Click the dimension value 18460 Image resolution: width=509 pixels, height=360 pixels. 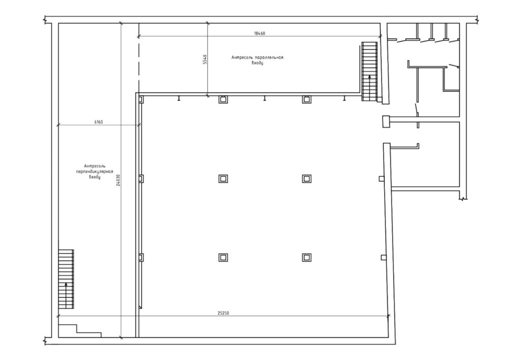(x=260, y=33)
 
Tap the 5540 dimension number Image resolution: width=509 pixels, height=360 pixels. (x=205, y=60)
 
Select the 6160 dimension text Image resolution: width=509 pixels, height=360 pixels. (x=98, y=122)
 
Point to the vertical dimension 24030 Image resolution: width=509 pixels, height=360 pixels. (x=118, y=180)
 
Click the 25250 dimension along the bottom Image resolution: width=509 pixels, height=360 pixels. (x=223, y=313)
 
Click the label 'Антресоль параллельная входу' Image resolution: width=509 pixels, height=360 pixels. (x=257, y=60)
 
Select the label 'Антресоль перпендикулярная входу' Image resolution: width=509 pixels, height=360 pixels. (x=95, y=172)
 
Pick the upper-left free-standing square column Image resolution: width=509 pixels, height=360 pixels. (x=223, y=179)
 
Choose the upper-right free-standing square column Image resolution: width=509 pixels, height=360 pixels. (x=306, y=179)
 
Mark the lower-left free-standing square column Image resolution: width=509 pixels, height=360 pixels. (x=223, y=258)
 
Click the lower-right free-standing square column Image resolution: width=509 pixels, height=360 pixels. (x=306, y=258)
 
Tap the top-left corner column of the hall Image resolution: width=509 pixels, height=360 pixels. (x=141, y=99)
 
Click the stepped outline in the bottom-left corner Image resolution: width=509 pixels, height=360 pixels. (x=80, y=331)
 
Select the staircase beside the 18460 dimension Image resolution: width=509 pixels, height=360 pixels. (x=370, y=71)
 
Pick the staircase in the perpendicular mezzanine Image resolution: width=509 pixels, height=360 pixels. (x=66, y=279)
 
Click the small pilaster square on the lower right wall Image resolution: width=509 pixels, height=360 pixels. (x=384, y=258)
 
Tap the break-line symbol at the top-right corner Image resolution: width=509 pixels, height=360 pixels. (x=478, y=20)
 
